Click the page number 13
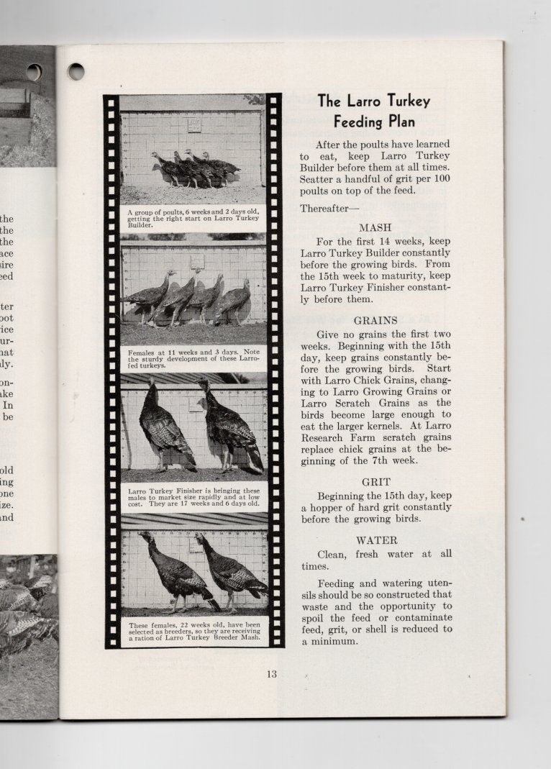pyautogui.click(x=271, y=674)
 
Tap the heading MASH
pyautogui.click(x=375, y=227)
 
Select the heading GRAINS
pyautogui.click(x=375, y=320)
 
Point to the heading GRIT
pyautogui.click(x=376, y=482)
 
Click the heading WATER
pyautogui.click(x=376, y=540)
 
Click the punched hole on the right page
pyautogui.click(x=76, y=71)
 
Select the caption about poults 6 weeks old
pyautogui.click(x=193, y=218)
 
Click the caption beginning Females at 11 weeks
pyautogui.click(x=193, y=358)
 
